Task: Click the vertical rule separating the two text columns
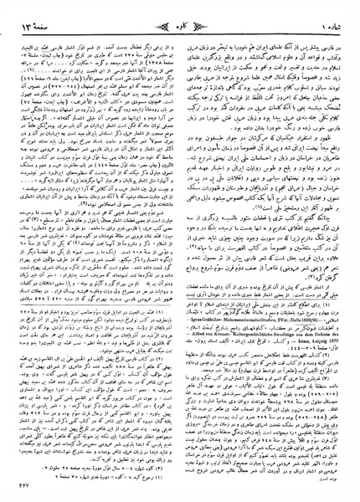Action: (x=181, y=251)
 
